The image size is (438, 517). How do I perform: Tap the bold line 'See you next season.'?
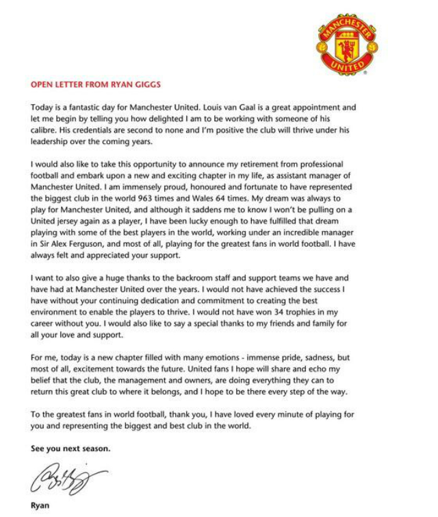click(x=70, y=449)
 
